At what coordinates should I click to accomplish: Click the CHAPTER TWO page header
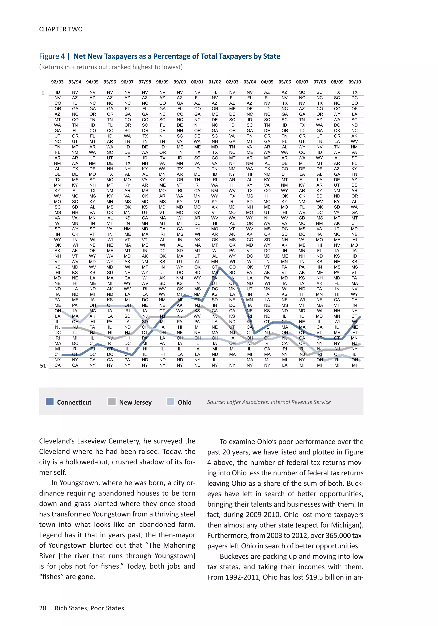[61, 29]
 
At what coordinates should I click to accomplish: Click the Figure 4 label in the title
[52, 56]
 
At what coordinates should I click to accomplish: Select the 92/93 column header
[57, 82]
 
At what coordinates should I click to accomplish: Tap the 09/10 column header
[354, 82]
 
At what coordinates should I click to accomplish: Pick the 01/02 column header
[215, 82]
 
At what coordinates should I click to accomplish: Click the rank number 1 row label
[43, 93]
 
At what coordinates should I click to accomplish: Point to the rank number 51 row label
[43, 366]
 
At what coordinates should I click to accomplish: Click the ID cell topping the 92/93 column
[58, 92]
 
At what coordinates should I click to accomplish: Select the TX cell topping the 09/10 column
[354, 92]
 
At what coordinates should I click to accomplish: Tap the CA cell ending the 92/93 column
[58, 365]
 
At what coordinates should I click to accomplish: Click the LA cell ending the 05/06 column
[284, 365]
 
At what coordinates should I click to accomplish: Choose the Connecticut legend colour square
[50, 402]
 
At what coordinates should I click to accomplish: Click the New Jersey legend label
[135, 402]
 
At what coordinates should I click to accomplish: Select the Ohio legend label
[185, 402]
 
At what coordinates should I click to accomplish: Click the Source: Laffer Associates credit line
[269, 402]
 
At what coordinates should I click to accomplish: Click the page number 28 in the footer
[43, 608]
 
